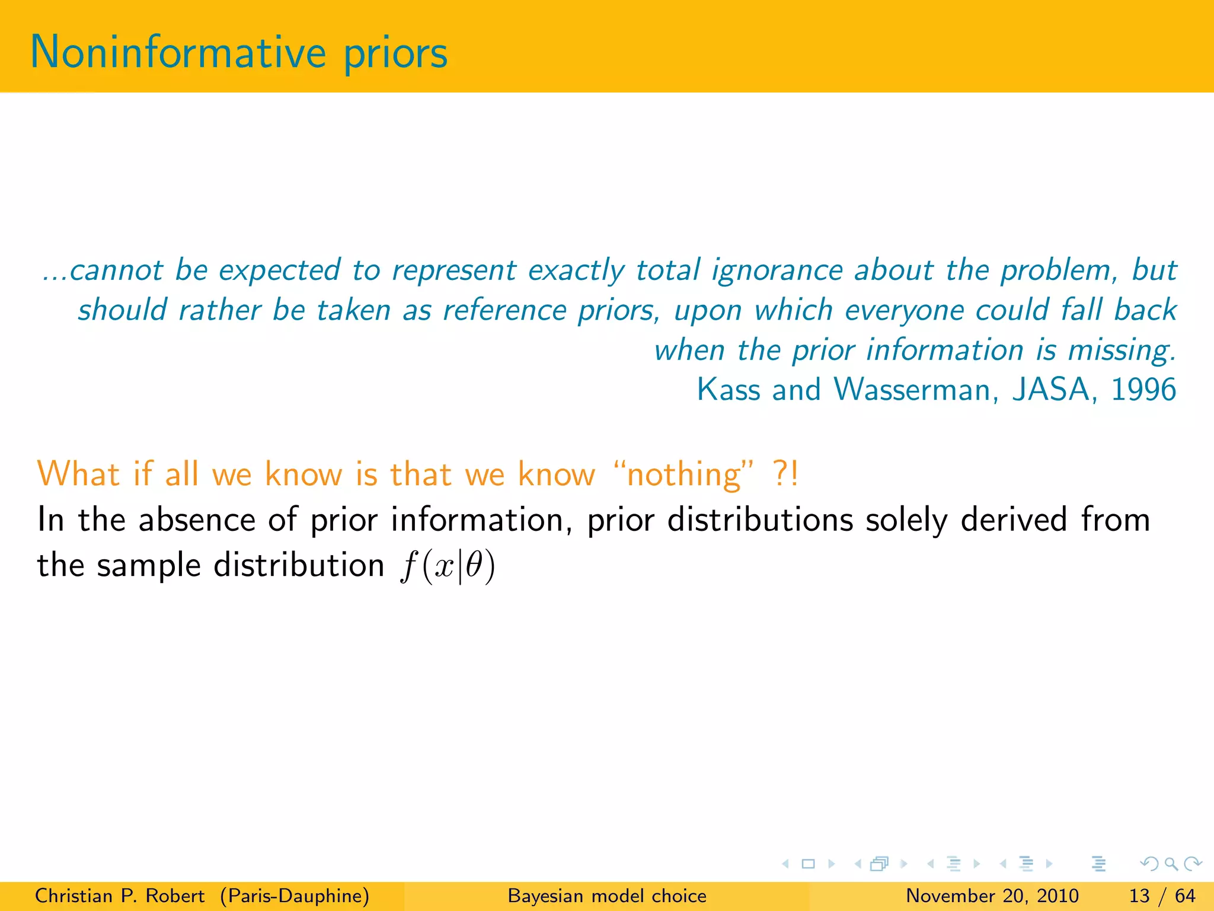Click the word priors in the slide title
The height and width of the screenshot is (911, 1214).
click(x=395, y=55)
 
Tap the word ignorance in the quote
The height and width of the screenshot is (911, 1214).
click(x=777, y=270)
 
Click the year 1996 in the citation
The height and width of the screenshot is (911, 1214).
click(x=1143, y=390)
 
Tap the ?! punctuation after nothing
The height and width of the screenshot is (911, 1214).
click(x=786, y=474)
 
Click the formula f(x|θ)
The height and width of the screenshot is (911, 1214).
click(x=448, y=566)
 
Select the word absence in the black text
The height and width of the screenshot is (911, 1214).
click(x=196, y=520)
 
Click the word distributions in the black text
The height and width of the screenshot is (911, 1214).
click(x=761, y=520)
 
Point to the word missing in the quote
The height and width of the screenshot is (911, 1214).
click(x=1121, y=351)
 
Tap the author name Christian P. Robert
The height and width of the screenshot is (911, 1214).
click(x=120, y=896)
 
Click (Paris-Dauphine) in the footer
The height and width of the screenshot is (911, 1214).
click(x=295, y=896)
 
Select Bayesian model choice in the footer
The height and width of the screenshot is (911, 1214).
click(x=607, y=896)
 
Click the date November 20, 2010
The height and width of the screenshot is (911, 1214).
click(x=992, y=896)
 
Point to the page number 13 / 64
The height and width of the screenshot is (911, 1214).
click(x=1162, y=896)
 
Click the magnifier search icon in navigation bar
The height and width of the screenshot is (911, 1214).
click(x=1171, y=864)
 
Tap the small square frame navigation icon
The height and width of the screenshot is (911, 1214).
click(x=808, y=864)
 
